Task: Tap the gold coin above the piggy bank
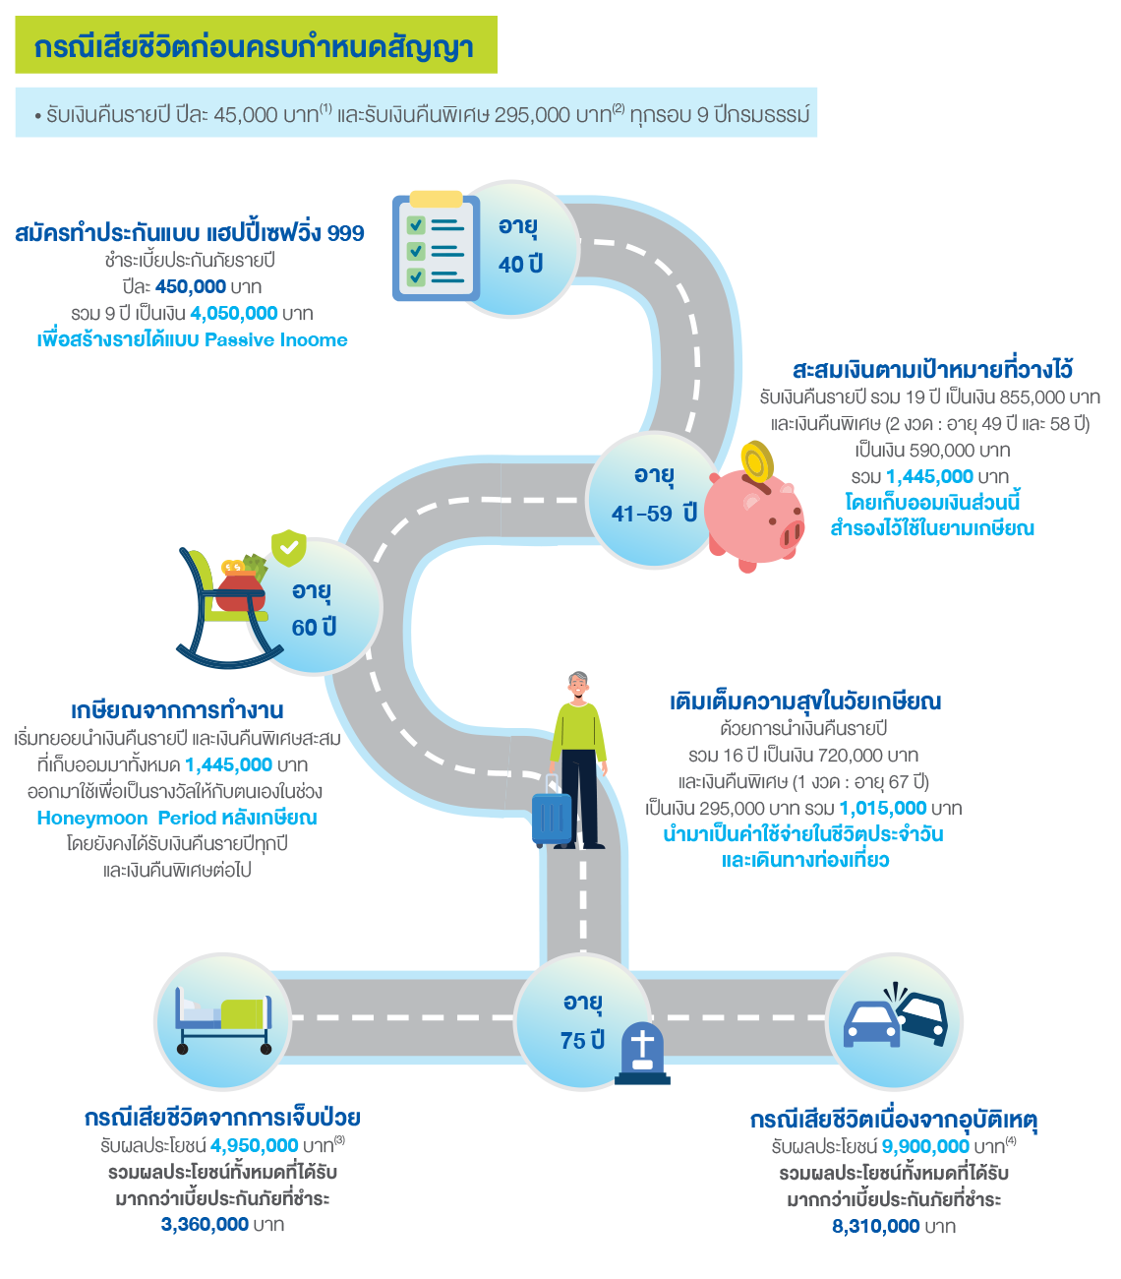[757, 461]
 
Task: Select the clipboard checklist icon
[436, 246]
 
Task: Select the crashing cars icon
[896, 1018]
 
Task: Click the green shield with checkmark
[288, 547]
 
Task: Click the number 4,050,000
[234, 314]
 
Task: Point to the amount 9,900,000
[925, 1146]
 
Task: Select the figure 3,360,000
[205, 1225]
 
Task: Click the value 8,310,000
[876, 1226]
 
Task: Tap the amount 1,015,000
[882, 808]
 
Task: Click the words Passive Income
[276, 340]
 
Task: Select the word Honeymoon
[91, 818]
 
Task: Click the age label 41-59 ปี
[654, 513]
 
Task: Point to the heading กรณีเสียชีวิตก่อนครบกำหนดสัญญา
[255, 47]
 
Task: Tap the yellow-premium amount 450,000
[191, 286]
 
